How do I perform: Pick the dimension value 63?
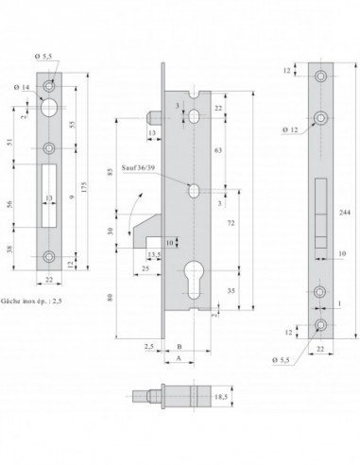[x=220, y=148]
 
